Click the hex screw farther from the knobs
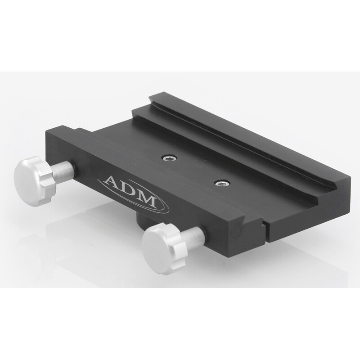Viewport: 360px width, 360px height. tap(170, 158)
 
